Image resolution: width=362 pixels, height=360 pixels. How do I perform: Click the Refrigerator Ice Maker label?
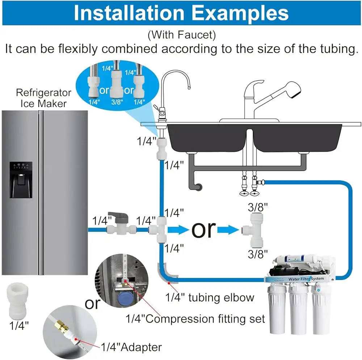tap(43, 98)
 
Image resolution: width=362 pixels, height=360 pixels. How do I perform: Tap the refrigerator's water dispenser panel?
tap(21, 180)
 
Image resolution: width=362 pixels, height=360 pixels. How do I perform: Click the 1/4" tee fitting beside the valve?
tap(158, 229)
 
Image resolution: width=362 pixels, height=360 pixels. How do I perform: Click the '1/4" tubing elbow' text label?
tap(210, 297)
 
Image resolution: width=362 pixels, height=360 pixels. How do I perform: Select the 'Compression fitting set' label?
tap(195, 319)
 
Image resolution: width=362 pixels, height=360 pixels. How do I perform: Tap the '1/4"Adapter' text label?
tap(131, 347)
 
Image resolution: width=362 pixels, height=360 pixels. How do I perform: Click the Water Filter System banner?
tap(306, 279)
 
